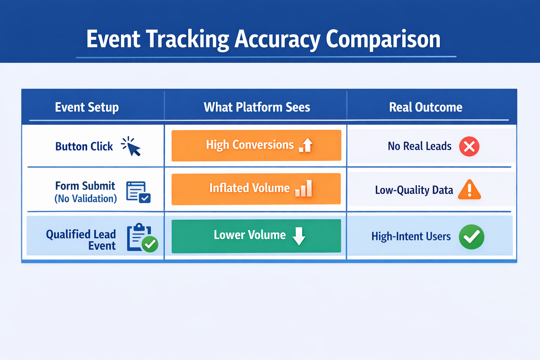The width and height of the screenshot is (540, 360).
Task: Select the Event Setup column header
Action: (x=87, y=107)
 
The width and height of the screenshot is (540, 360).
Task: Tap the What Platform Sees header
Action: (x=257, y=107)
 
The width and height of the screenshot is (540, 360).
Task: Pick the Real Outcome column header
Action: (x=425, y=107)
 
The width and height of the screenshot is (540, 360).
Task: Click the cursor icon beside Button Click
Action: (x=131, y=147)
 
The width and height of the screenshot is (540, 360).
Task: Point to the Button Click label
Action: (x=84, y=147)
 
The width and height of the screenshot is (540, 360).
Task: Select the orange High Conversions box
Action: (x=256, y=146)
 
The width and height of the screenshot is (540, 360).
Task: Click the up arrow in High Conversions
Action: (x=307, y=145)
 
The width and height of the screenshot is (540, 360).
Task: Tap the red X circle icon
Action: (x=469, y=146)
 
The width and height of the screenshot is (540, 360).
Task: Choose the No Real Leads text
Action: (x=419, y=146)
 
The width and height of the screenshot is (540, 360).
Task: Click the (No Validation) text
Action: (x=85, y=199)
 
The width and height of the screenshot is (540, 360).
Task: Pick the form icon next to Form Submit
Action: (x=138, y=192)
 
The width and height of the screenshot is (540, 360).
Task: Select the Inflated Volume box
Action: (x=256, y=189)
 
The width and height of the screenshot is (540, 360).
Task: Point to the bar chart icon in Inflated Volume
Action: (x=304, y=189)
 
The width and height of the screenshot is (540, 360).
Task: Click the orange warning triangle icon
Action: (x=469, y=190)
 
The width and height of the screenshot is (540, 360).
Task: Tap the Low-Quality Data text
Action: (x=414, y=190)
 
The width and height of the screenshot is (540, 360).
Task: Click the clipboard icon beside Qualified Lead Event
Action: (x=141, y=238)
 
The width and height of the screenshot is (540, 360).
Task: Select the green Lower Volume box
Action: (x=256, y=236)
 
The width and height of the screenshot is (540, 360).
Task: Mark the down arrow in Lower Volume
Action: (x=299, y=236)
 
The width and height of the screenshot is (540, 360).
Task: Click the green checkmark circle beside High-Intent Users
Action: (x=471, y=237)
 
